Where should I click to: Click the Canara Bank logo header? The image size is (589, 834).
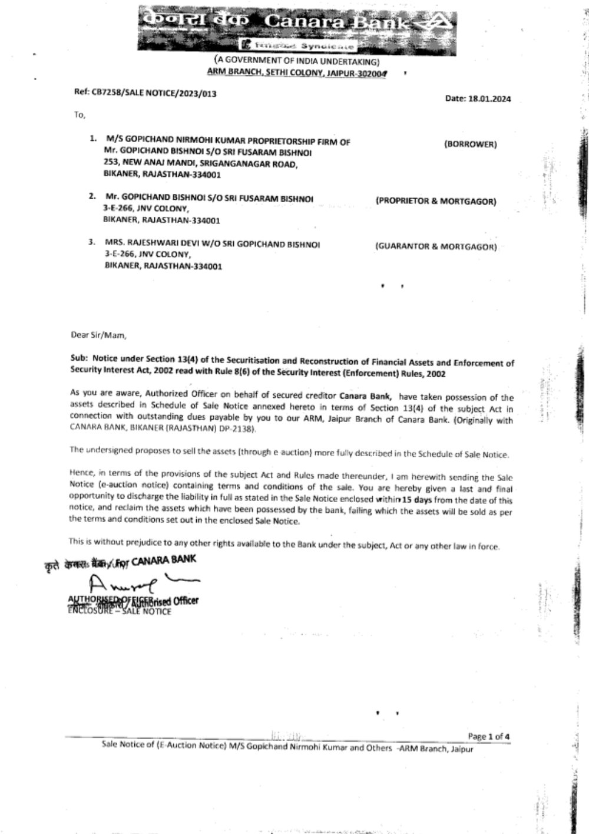296,28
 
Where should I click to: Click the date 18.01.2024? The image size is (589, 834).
478,99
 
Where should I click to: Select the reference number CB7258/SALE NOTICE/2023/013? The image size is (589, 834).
145,93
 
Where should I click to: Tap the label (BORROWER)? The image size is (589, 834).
470,144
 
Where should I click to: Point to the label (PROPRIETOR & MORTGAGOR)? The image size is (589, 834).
436,202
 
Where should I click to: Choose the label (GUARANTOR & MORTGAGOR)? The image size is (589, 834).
436,247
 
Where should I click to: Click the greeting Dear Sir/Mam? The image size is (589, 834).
98,335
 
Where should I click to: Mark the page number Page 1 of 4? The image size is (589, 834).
489,736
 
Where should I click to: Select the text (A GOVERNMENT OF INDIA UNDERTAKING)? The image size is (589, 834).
296,61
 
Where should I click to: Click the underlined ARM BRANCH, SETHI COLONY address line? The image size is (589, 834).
296,72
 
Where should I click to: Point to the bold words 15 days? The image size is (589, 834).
411,499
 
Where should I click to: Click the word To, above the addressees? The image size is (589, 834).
80,115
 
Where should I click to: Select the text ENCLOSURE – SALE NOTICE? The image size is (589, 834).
120,612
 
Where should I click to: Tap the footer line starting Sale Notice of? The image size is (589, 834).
287,748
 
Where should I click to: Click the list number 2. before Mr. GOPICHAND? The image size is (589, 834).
92,196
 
